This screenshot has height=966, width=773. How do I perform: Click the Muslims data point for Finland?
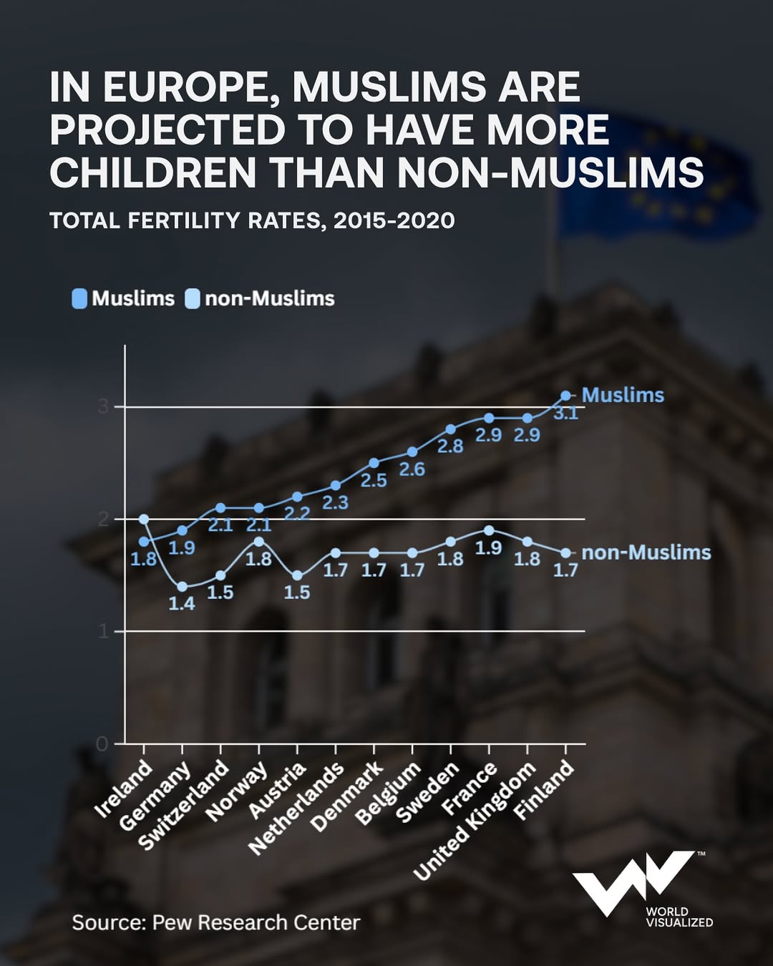pyautogui.click(x=565, y=395)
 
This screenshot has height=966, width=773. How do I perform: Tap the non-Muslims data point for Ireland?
pyautogui.click(x=144, y=519)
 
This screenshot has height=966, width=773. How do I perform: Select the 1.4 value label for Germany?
pyautogui.click(x=181, y=603)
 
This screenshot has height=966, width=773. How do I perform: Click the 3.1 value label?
pyautogui.click(x=565, y=414)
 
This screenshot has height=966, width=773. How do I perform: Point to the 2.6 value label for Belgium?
pyautogui.click(x=412, y=469)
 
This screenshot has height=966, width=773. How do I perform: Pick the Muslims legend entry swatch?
pyautogui.click(x=79, y=298)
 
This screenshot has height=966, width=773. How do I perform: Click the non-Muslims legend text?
pyautogui.click(x=269, y=298)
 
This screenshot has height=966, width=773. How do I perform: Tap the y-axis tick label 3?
pyautogui.click(x=104, y=406)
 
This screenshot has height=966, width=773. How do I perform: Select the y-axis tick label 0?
pyautogui.click(x=102, y=744)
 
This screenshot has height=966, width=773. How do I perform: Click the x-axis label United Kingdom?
pyautogui.click(x=475, y=820)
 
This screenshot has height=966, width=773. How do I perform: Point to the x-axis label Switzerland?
pyautogui.click(x=184, y=806)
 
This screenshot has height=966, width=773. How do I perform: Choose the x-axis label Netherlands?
pyautogui.click(x=296, y=809)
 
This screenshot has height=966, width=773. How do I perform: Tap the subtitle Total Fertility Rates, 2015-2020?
pyautogui.click(x=252, y=220)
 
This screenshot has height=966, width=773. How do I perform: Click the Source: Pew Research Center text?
pyautogui.click(x=215, y=922)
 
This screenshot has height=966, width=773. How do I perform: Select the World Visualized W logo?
pyautogui.click(x=630, y=882)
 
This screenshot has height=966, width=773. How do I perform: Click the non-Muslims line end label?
pyautogui.click(x=646, y=552)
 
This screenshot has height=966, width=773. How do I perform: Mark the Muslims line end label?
pyautogui.click(x=623, y=395)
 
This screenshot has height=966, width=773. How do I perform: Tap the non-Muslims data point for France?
pyautogui.click(x=489, y=530)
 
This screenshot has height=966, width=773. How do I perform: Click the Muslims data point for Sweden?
pyautogui.click(x=450, y=429)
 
